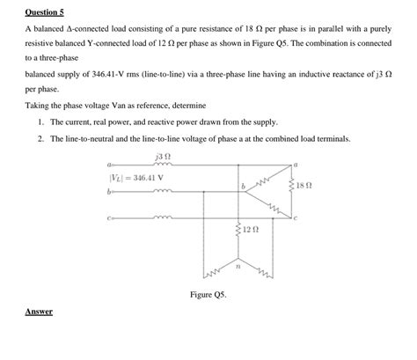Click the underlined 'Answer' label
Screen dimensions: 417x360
[38, 312]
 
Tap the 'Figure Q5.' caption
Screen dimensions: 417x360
[208, 294]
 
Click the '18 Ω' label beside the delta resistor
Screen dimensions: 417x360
[305, 186]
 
